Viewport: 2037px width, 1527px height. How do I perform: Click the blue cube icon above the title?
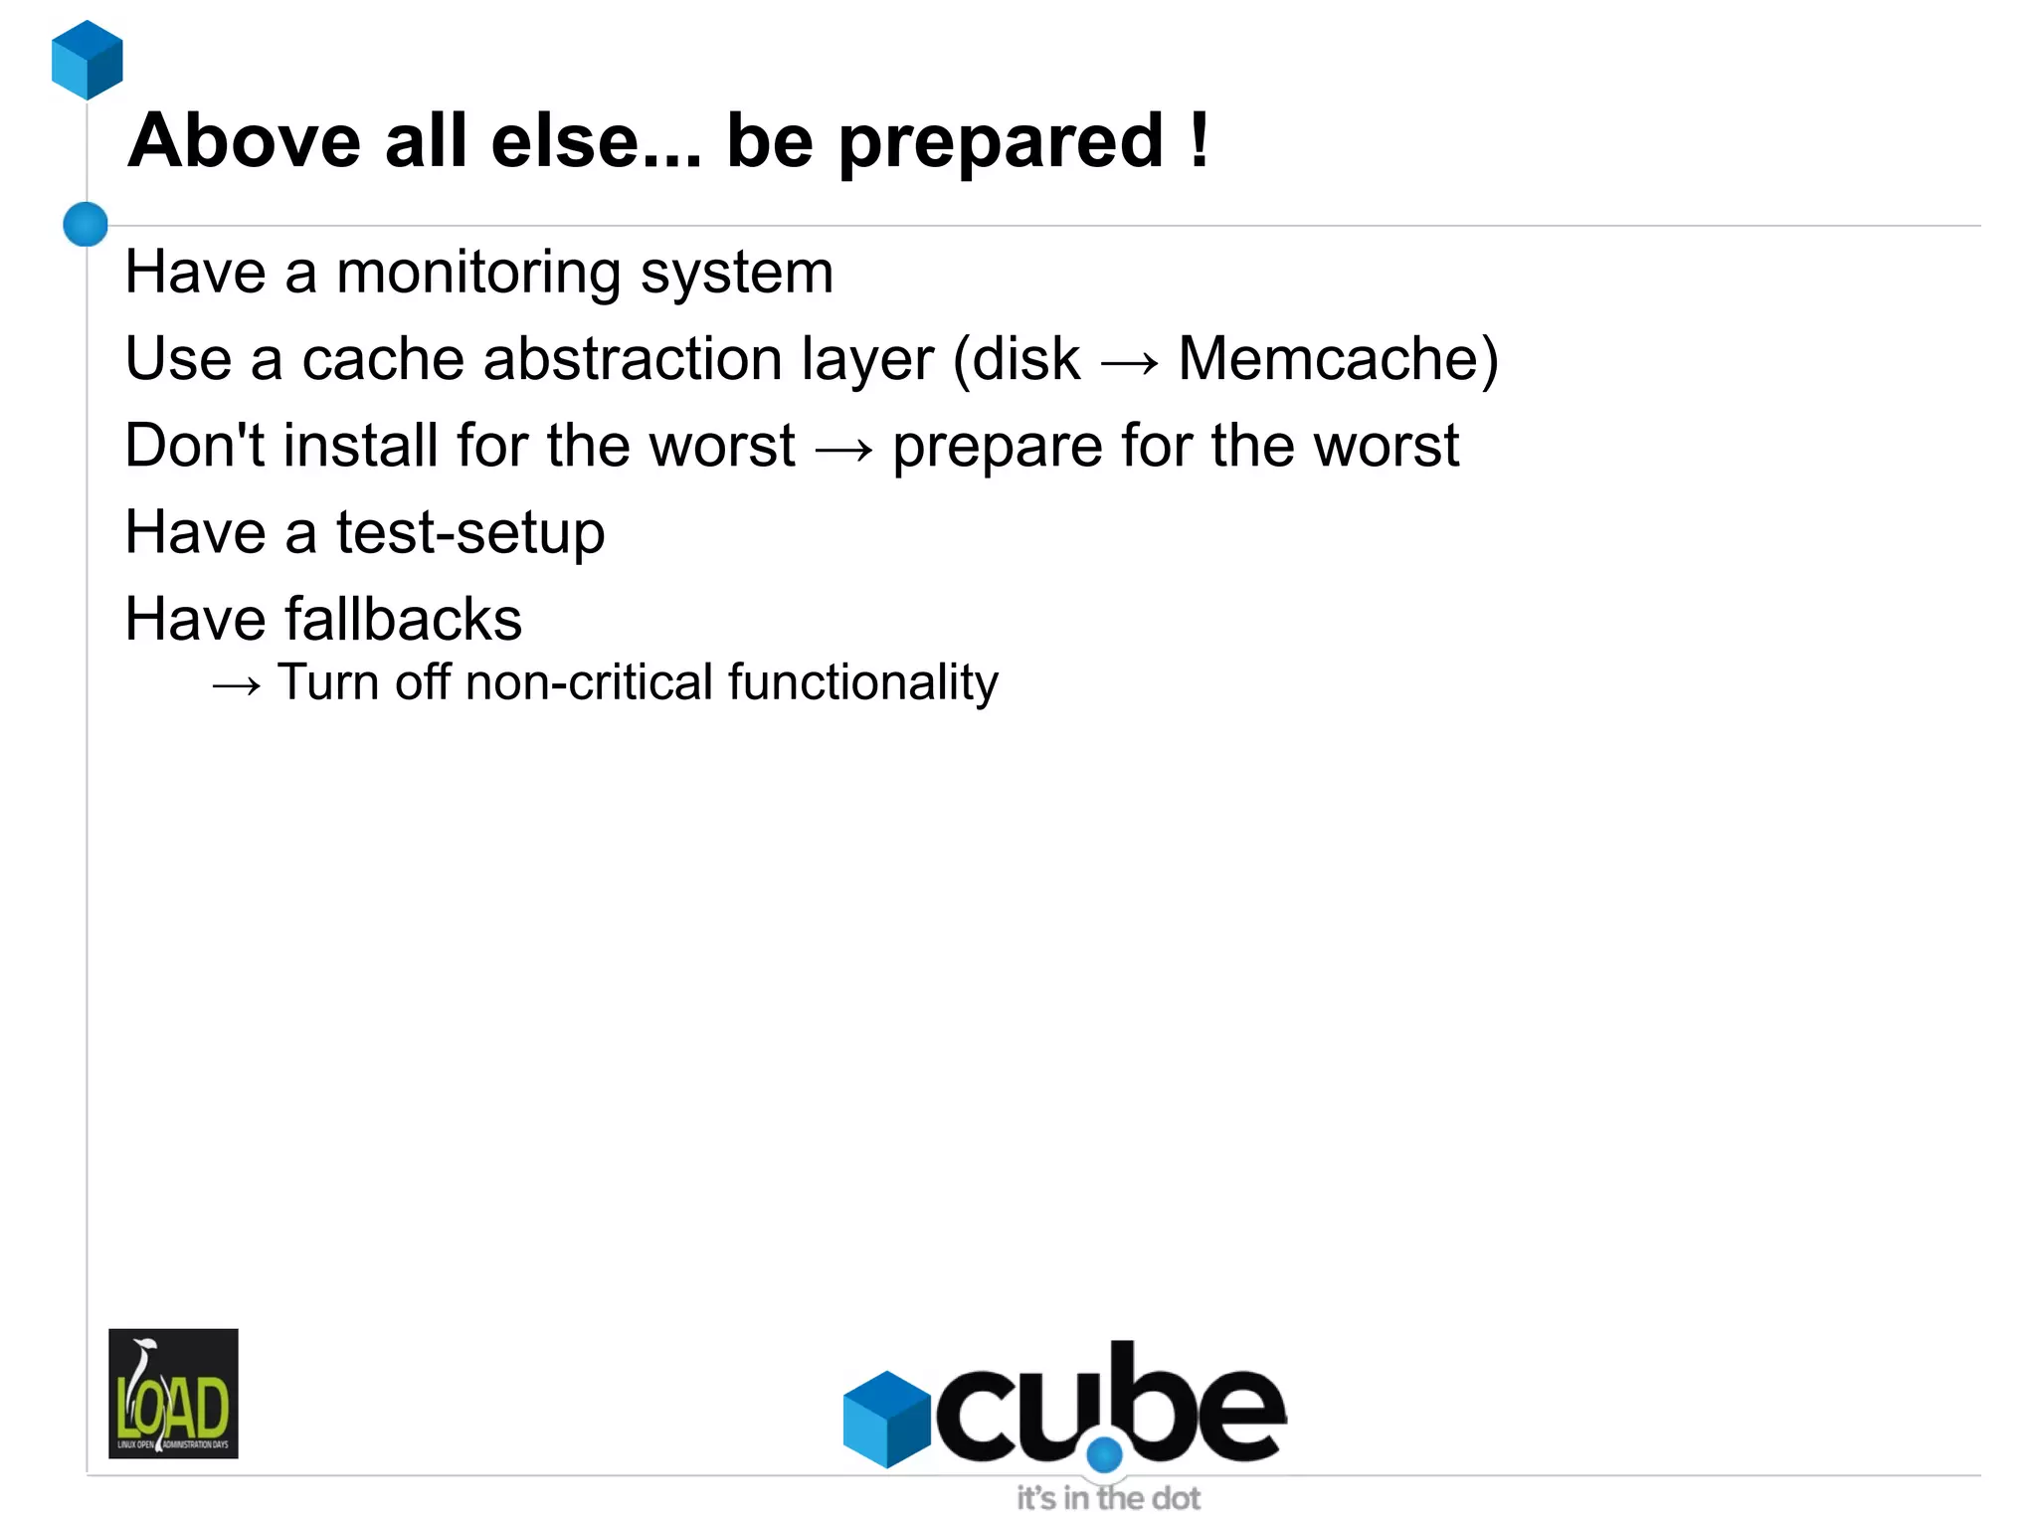pos(88,60)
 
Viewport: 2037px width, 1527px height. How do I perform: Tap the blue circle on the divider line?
pos(86,224)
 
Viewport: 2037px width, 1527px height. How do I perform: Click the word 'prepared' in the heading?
pos(1001,142)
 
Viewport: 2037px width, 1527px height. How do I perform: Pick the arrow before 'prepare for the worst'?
pos(843,449)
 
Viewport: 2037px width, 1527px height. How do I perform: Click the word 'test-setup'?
pos(470,532)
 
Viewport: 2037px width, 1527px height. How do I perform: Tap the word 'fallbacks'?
pos(404,619)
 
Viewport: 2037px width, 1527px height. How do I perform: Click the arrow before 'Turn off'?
pos(237,685)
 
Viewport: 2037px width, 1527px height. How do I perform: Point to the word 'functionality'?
pos(862,683)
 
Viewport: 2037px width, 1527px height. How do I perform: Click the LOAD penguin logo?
pos(173,1393)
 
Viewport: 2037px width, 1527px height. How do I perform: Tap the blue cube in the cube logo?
pos(886,1418)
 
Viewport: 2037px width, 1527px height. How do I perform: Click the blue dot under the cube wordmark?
pos(1104,1454)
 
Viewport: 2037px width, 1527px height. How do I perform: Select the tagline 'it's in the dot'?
pos(1108,1498)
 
